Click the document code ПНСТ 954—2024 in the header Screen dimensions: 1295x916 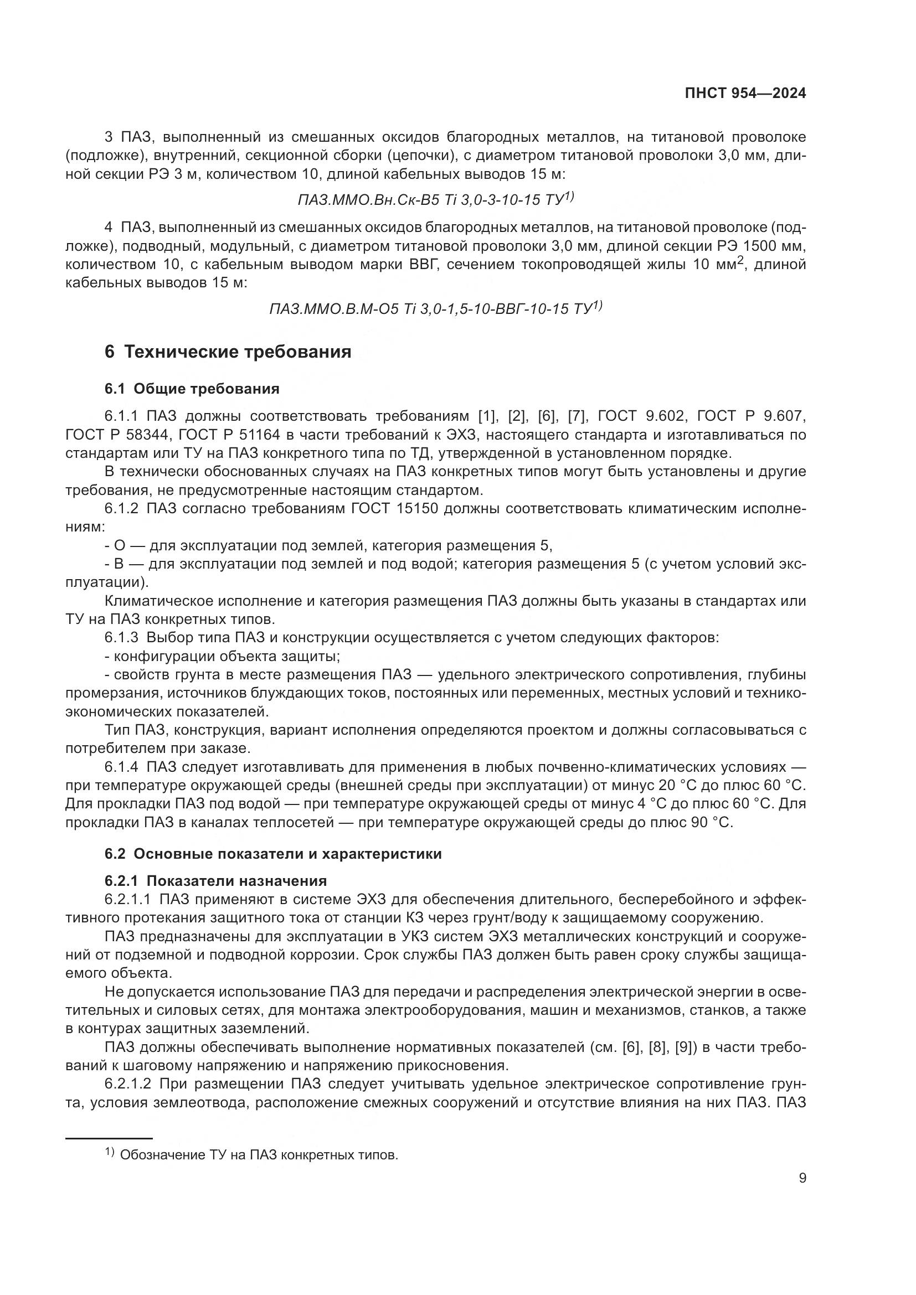tap(745, 94)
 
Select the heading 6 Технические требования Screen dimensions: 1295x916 tap(228, 352)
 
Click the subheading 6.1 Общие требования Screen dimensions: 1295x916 tap(192, 389)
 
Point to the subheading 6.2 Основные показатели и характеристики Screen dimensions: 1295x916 tap(273, 854)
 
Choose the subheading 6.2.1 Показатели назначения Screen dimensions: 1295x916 tap(215, 881)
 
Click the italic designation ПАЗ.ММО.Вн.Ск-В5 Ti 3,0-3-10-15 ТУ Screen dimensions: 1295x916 tap(434, 200)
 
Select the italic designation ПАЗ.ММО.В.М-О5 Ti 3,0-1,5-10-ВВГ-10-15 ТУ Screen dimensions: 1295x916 tap(434, 309)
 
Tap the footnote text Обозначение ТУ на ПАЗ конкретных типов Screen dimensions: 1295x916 tap(259, 1150)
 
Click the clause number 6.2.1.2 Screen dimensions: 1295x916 tap(127, 1084)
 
